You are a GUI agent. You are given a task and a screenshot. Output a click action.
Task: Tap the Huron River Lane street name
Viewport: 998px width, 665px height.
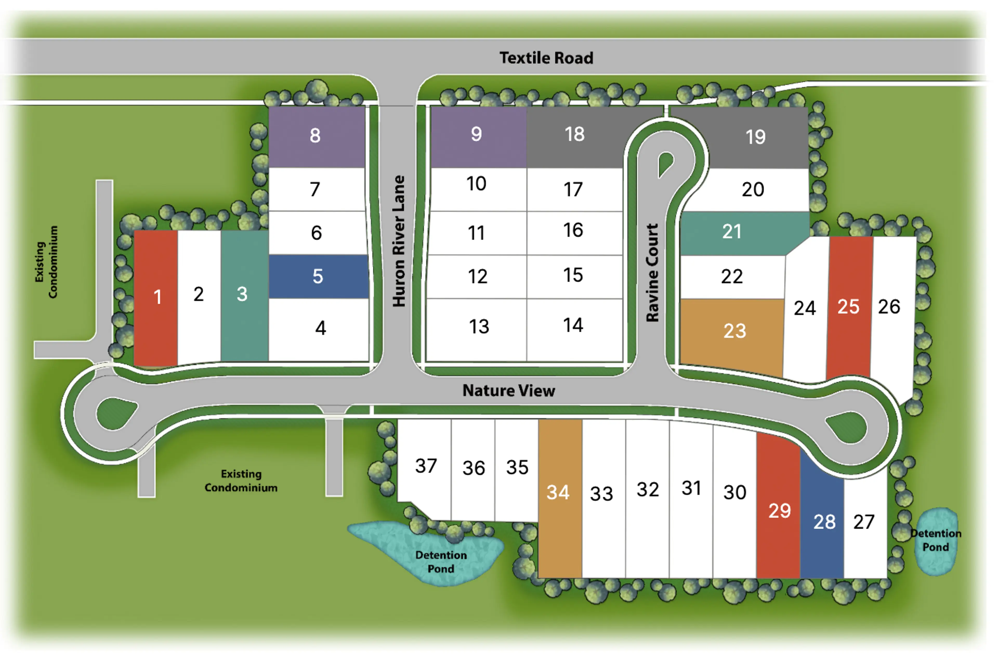tap(398, 241)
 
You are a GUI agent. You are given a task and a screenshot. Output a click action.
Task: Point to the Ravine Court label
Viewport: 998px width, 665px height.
tap(652, 273)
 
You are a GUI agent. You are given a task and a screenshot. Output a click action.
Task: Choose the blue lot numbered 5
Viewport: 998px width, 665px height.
tap(318, 276)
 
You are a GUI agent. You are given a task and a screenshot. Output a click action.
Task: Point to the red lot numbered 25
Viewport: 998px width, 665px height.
tap(848, 307)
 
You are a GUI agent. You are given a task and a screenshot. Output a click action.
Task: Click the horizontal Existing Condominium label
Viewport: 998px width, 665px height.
tap(241, 480)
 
